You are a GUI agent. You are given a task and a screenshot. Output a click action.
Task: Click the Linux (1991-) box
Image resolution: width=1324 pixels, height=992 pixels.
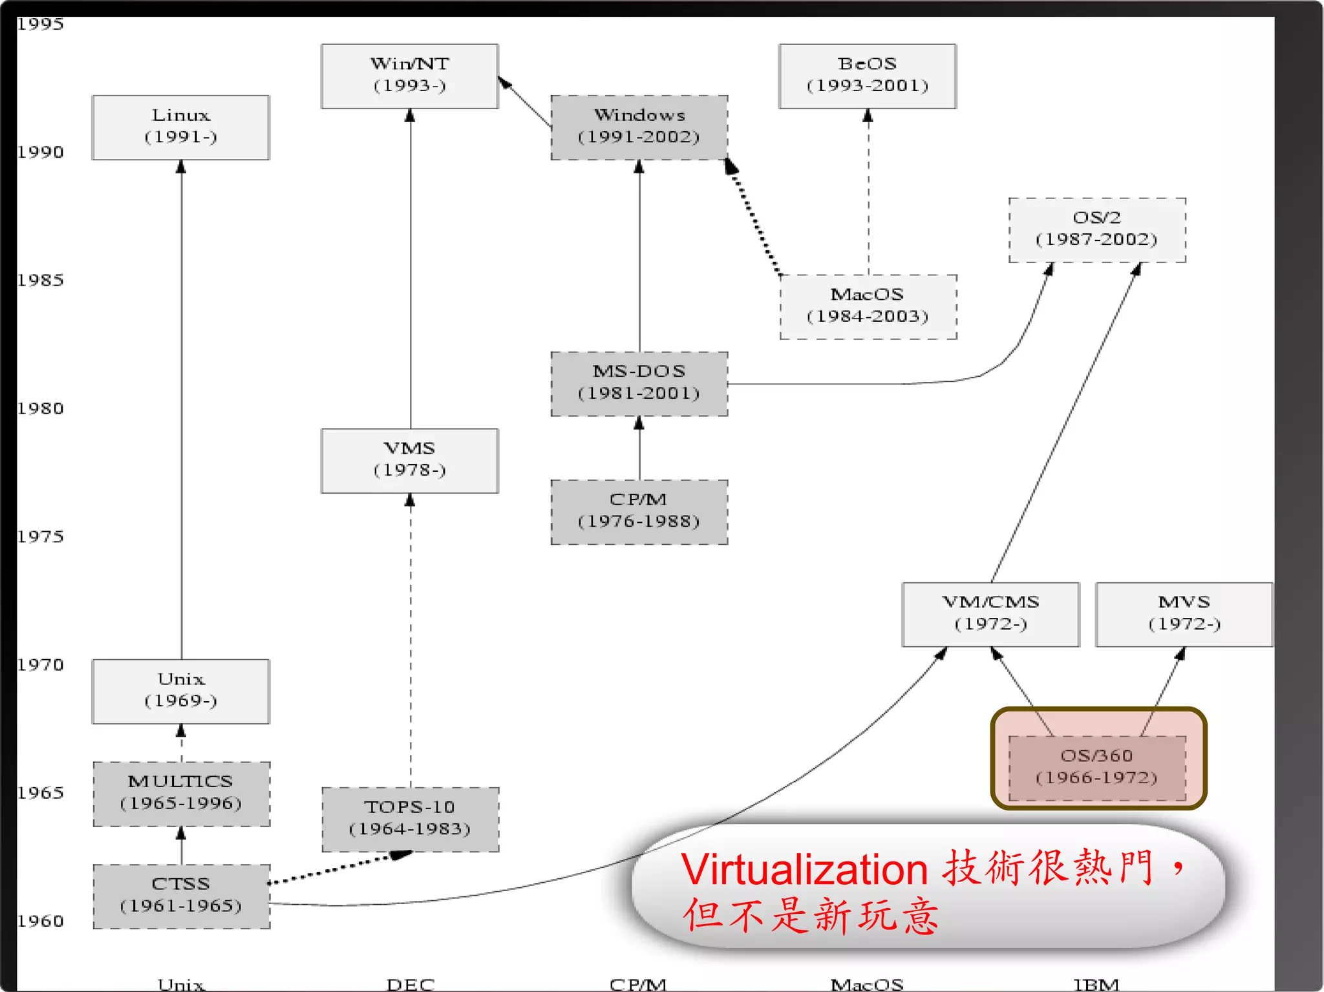pos(181,127)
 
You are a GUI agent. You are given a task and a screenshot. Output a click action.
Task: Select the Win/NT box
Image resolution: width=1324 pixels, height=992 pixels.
pos(410,76)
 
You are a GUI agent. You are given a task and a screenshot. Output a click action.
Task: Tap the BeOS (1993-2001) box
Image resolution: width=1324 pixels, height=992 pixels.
pos(868,76)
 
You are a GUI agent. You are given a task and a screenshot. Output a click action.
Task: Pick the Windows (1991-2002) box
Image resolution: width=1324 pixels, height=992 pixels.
pos(639,127)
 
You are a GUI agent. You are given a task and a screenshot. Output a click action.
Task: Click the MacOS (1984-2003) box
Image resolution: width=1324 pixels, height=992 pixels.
pos(868,307)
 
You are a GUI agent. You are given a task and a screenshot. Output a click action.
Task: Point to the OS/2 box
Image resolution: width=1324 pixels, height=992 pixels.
pos(1097,230)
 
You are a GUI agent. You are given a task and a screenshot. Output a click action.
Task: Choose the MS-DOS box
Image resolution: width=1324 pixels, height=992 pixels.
pos(639,384)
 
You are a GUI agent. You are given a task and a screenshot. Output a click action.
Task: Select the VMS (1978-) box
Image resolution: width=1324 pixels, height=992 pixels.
pos(410,461)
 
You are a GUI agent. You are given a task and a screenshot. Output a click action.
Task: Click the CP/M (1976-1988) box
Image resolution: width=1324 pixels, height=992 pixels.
pos(639,512)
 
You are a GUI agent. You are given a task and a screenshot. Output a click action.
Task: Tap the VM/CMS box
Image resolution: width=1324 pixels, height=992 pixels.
pos(990,614)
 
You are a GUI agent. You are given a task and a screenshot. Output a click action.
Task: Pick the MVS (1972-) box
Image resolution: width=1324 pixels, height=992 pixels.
pos(1184,614)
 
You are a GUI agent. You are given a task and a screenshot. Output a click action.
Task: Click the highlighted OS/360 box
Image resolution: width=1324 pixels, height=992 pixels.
pos(1097,767)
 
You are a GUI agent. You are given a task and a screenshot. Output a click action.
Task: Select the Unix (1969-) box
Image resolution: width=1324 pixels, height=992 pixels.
pos(181,691)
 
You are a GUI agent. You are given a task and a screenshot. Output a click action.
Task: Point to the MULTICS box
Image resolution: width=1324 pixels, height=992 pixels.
pos(181,794)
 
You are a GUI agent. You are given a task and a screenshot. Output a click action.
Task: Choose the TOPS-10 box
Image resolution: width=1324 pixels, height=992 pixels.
pos(410,819)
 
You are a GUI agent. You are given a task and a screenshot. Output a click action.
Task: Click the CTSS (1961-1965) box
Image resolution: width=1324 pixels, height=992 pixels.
pos(181,896)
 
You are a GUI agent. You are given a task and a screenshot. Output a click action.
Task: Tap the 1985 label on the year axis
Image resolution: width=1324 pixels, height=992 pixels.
pos(40,280)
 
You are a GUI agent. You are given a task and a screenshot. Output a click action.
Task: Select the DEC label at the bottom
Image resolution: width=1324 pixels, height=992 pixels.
pos(410,984)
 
